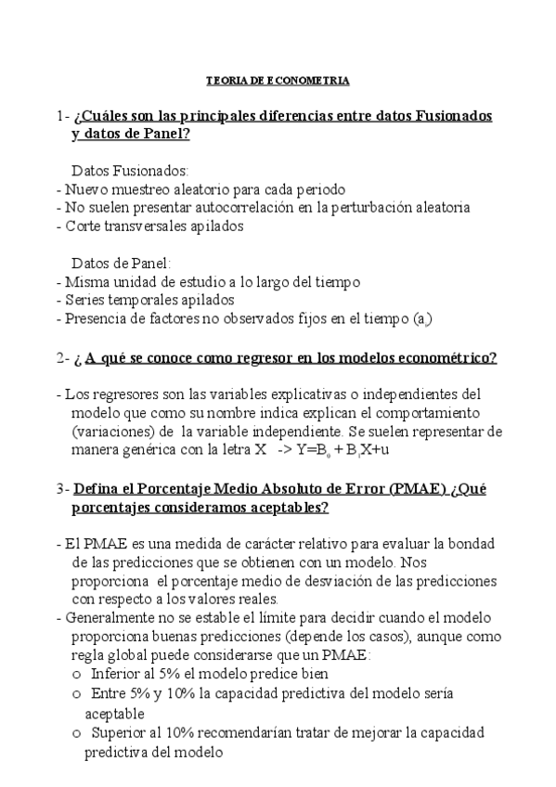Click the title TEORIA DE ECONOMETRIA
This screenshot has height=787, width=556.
pos(277,81)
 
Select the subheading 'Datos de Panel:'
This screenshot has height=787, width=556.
pos(122,263)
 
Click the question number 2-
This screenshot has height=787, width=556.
pos(63,357)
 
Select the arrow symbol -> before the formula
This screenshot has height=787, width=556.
pos(286,449)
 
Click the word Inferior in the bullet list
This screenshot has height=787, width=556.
pos(118,674)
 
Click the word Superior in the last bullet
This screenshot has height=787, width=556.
pos(121,733)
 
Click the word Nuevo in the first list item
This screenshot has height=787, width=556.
pos(84,189)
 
